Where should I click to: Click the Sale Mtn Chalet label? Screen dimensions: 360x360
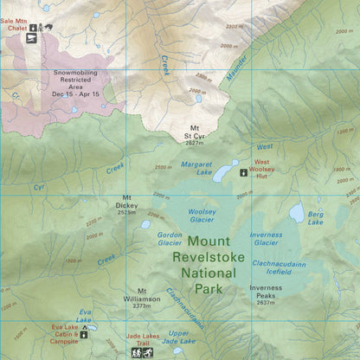point(14,22)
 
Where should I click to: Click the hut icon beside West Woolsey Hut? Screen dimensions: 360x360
point(243,172)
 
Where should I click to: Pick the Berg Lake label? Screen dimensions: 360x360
point(316,218)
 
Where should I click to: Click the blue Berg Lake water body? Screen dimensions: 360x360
point(297,211)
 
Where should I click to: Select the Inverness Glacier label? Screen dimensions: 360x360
point(266,238)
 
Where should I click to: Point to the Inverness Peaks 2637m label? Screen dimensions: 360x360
point(266,294)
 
